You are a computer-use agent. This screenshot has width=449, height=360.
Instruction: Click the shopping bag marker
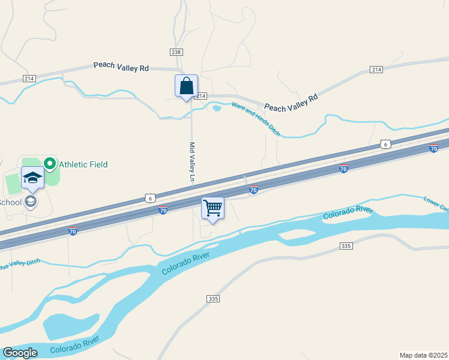pyautogui.click(x=186, y=86)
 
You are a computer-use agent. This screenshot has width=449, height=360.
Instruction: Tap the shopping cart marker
pyautogui.click(x=212, y=209)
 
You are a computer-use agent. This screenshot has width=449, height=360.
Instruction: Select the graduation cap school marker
pyautogui.click(x=32, y=178)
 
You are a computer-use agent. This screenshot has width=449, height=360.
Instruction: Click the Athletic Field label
pyautogui.click(x=83, y=164)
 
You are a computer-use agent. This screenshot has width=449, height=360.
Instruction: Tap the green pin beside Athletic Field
pyautogui.click(x=49, y=163)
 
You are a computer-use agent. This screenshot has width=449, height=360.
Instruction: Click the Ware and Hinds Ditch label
pyautogui.click(x=256, y=119)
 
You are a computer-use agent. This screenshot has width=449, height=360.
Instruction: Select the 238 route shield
pyautogui.click(x=176, y=52)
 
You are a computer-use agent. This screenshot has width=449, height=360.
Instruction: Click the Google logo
pyautogui.click(x=20, y=353)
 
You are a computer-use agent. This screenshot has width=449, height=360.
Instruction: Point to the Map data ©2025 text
pyautogui.click(x=423, y=355)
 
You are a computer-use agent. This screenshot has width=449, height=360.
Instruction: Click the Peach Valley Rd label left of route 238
pyautogui.click(x=121, y=68)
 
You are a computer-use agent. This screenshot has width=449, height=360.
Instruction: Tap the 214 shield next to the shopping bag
pyautogui.click(x=201, y=96)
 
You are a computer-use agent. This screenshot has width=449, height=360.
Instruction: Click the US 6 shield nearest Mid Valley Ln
pyautogui.click(x=150, y=197)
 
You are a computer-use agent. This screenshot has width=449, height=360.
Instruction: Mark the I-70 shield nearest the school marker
pyautogui.click(x=73, y=231)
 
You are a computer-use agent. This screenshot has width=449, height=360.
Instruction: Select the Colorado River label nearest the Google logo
pyautogui.click(x=74, y=344)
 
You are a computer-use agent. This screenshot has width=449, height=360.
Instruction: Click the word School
pyautogui.click(x=10, y=202)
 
